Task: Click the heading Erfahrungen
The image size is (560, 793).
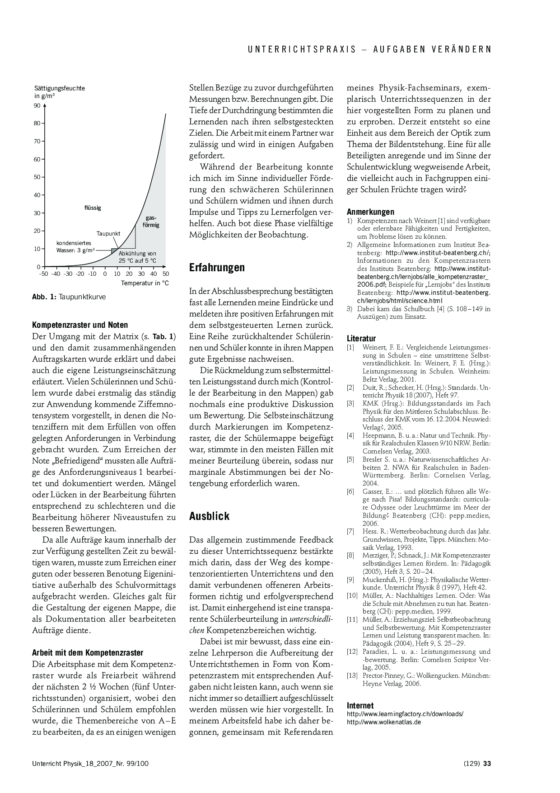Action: click(217, 268)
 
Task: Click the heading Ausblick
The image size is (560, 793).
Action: click(209, 516)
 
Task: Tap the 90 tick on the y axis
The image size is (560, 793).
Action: click(37, 106)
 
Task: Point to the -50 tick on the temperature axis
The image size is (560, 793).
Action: click(43, 274)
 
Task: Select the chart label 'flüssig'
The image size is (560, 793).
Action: click(93, 208)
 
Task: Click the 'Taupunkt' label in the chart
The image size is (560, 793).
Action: click(108, 234)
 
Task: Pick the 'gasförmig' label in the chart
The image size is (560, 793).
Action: click(151, 222)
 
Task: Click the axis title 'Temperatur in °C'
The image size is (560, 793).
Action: click(145, 283)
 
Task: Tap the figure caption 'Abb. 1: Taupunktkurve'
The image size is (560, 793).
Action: click(69, 297)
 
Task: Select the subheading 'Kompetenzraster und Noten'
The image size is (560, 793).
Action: click(80, 325)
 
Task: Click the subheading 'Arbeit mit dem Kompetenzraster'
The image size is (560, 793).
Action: click(88, 653)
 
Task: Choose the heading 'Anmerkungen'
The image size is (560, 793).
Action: click(370, 212)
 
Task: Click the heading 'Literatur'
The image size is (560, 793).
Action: click(361, 339)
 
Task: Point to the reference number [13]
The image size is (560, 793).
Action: click(352, 676)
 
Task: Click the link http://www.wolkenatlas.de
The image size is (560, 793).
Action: click(384, 722)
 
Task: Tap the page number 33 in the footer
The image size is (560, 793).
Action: click(487, 764)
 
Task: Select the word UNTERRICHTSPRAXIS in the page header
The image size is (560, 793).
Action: click(302, 50)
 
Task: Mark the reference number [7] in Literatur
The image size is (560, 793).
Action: click(350, 532)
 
